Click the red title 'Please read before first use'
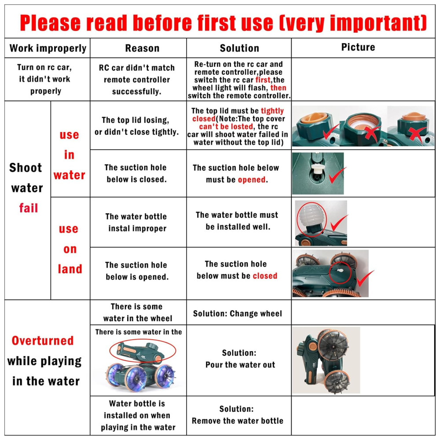146,22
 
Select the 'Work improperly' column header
48,48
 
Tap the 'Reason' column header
142,48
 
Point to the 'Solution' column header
239,48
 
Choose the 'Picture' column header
358,47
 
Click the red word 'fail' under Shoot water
28,208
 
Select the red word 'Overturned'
43,341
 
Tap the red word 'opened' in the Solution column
252,180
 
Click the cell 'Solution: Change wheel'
238,313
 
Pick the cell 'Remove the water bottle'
238,421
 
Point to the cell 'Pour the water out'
240,364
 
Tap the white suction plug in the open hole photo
317,169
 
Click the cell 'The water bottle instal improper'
136,222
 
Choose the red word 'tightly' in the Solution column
272,111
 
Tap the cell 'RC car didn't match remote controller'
137,79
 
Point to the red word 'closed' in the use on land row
265,276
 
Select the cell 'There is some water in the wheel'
137,312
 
